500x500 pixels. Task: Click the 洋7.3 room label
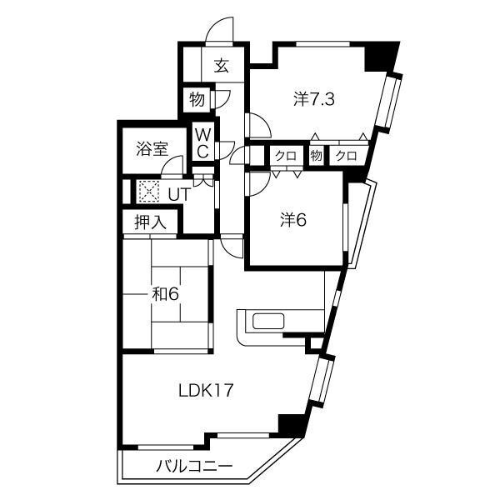pyautogui.click(x=314, y=100)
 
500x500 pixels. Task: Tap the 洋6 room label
pyautogui.click(x=293, y=220)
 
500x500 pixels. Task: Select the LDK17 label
pyautogui.click(x=206, y=391)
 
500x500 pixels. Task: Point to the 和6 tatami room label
pyautogui.click(x=165, y=294)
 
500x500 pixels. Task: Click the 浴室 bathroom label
pyautogui.click(x=152, y=148)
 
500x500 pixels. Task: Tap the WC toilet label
pyautogui.click(x=202, y=143)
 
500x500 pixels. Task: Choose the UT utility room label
pyautogui.click(x=179, y=194)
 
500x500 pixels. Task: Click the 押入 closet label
pyautogui.click(x=151, y=222)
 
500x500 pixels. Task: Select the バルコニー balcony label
pyautogui.click(x=194, y=467)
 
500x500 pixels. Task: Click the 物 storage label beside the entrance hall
pyautogui.click(x=197, y=99)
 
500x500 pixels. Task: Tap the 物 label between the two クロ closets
pyautogui.click(x=316, y=156)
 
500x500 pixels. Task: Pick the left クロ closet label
pyautogui.click(x=286, y=156)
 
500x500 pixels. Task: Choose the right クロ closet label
pyautogui.click(x=347, y=156)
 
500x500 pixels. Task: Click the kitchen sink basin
pyautogui.click(x=268, y=321)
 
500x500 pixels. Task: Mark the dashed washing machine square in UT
pyautogui.click(x=149, y=192)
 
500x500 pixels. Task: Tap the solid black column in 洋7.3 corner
pyautogui.click(x=382, y=57)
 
